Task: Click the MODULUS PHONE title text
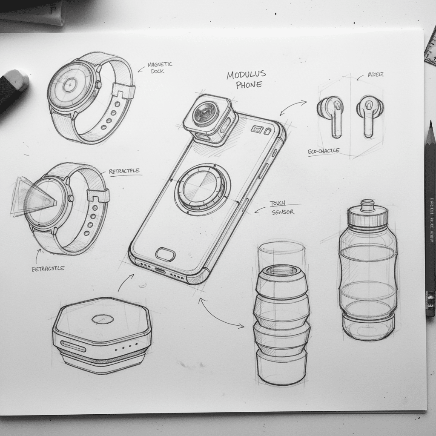pyautogui.click(x=246, y=80)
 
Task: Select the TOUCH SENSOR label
pyautogui.click(x=281, y=208)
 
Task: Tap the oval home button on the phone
pyautogui.click(x=165, y=254)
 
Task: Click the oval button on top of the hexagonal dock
pyautogui.click(x=102, y=319)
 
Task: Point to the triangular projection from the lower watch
pyautogui.click(x=30, y=196)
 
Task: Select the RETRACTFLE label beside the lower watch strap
pyautogui.click(x=124, y=172)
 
